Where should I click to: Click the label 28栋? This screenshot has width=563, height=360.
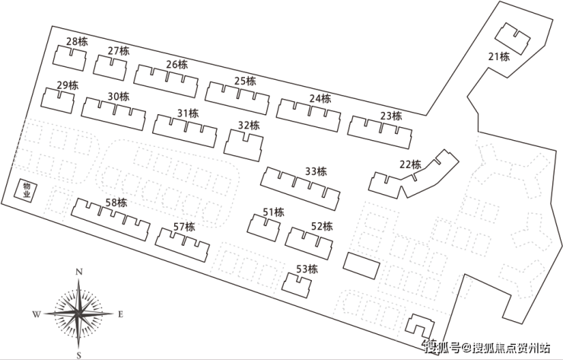(77, 41)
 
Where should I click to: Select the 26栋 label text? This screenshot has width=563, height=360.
(177, 65)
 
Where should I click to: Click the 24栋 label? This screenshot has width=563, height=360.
(320, 98)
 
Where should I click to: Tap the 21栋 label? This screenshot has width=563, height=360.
(498, 56)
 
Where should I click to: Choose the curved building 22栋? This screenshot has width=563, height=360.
(411, 177)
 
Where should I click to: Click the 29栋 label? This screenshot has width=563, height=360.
(67, 85)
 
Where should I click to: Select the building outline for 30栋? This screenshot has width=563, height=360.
(113, 114)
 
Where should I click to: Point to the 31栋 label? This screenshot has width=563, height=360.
(187, 113)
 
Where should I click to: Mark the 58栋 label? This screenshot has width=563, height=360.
(116, 202)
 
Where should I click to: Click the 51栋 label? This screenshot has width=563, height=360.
(273, 212)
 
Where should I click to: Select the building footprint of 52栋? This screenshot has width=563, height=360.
(310, 241)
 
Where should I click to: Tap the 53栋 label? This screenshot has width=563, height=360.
(307, 268)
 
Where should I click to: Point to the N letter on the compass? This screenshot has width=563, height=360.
(80, 272)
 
